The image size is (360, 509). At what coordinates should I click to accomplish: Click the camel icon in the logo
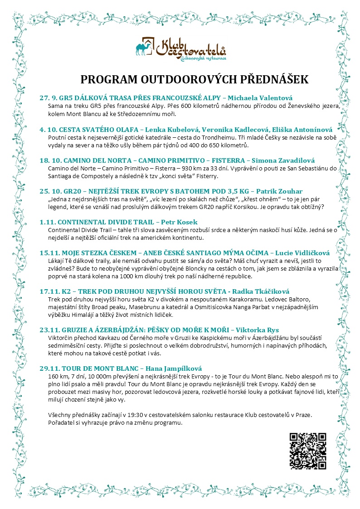coord(145,48)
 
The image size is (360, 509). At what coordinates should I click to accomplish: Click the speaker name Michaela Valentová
coord(260,98)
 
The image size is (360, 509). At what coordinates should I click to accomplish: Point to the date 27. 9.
coord(49,98)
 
